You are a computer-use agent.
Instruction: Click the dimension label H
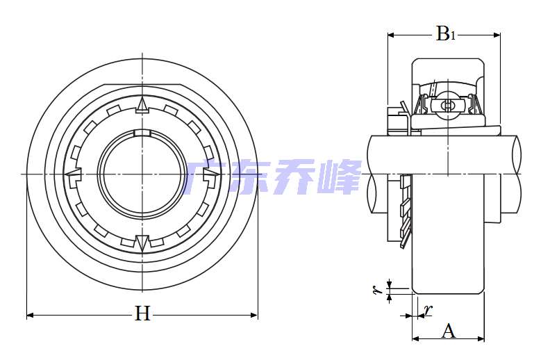(142, 313)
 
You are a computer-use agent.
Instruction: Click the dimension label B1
(445, 33)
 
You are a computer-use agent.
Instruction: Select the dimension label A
(449, 331)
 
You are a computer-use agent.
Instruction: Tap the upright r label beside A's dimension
(428, 310)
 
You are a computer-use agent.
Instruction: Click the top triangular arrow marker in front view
(142, 105)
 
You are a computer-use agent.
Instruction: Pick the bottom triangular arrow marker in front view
(142, 244)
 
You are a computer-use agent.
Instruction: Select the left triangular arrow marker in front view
(73, 174)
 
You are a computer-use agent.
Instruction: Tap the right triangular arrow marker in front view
(212, 174)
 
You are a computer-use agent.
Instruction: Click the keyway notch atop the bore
(142, 133)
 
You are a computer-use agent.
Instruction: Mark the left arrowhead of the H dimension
(30, 315)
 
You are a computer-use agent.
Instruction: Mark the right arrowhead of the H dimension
(254, 315)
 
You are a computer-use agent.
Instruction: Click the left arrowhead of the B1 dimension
(391, 35)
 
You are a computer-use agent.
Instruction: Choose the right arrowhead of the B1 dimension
(497, 35)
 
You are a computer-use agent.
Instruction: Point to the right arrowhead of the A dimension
(481, 338)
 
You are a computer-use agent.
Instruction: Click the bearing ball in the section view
(448, 104)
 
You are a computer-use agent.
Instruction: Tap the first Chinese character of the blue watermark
(203, 177)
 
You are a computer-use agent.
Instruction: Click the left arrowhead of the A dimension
(416, 338)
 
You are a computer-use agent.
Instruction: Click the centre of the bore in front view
(142, 174)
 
